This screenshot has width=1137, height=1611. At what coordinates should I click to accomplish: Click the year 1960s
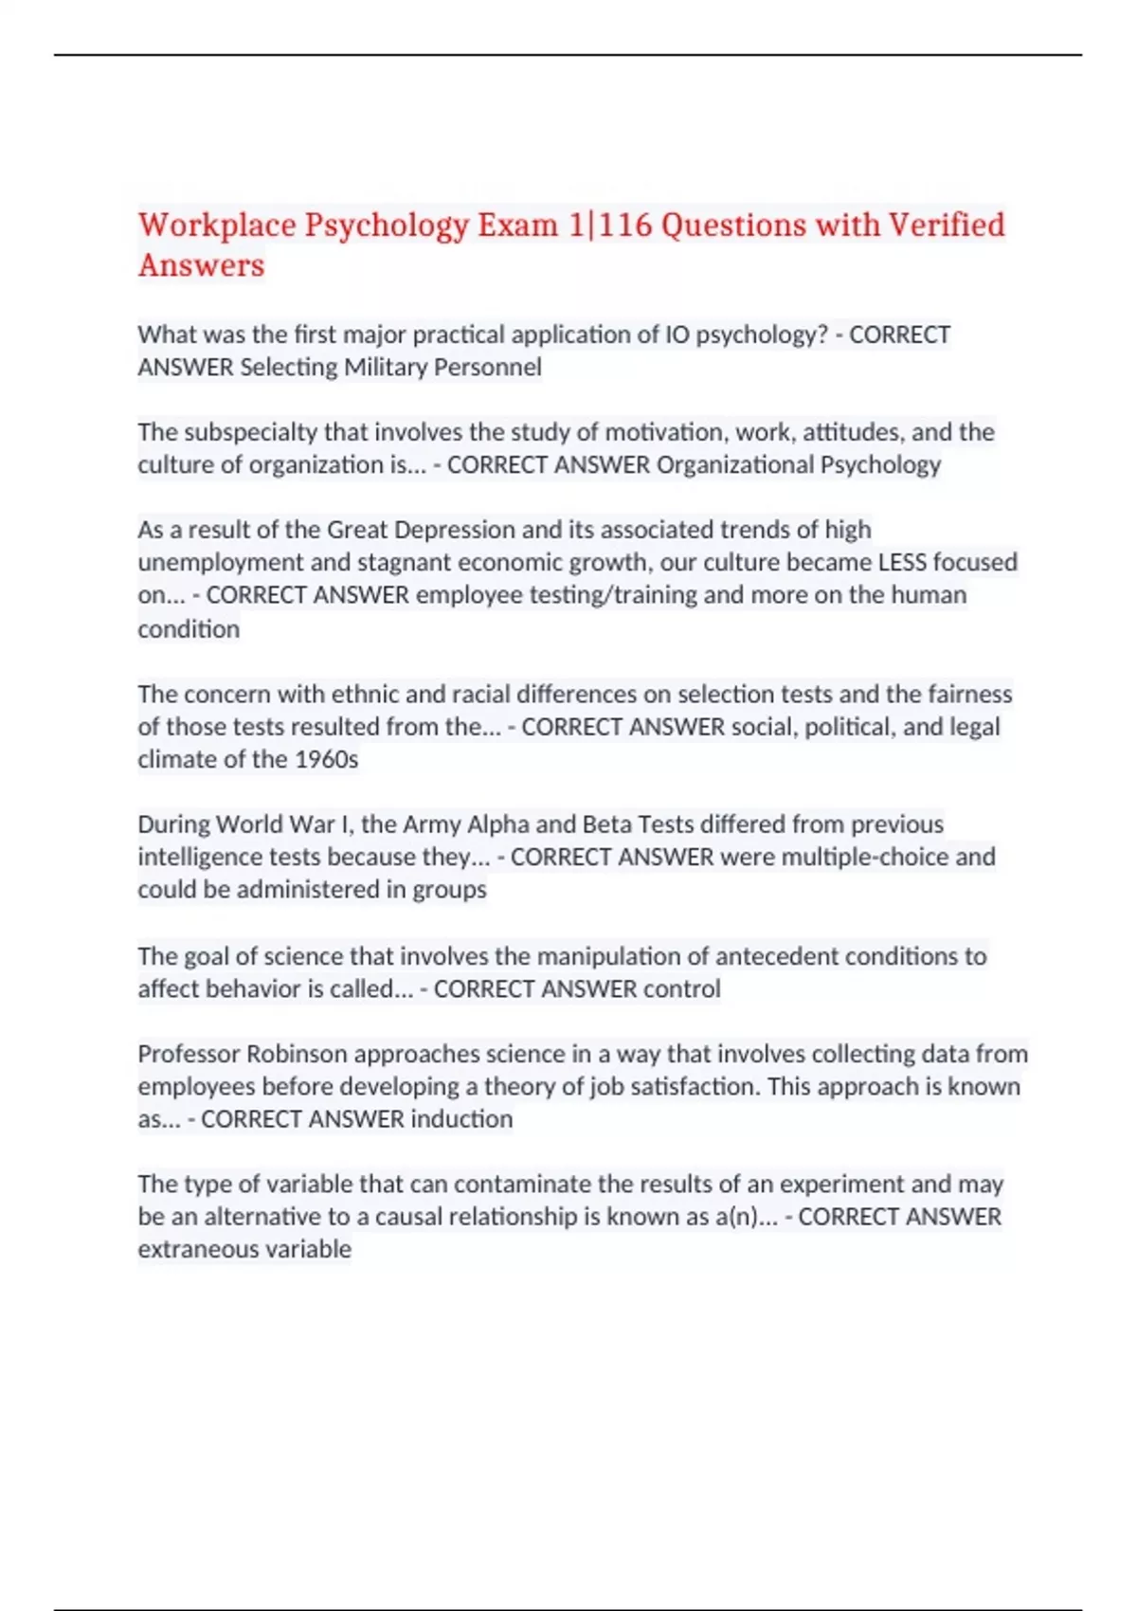tap(327, 759)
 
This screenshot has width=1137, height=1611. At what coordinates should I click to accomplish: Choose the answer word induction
tap(461, 1119)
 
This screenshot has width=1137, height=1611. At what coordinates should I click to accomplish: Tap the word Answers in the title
tap(201, 266)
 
